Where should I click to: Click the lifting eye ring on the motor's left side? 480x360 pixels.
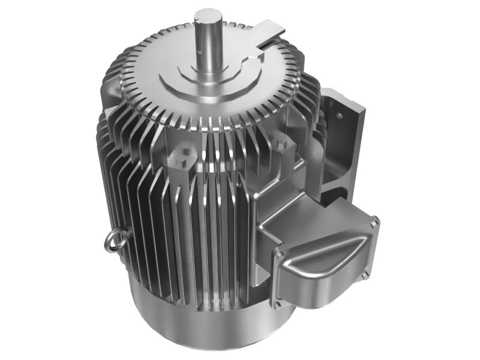(x=115, y=241)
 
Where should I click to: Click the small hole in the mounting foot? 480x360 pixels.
(x=340, y=114)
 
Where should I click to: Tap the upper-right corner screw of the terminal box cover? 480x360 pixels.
(x=374, y=223)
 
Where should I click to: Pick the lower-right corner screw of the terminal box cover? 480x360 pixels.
(x=364, y=278)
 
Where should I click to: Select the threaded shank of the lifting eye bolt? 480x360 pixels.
(x=124, y=236)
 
